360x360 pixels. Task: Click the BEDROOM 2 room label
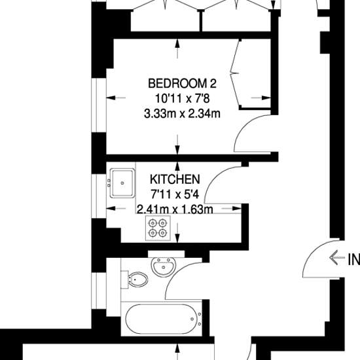[x=182, y=83]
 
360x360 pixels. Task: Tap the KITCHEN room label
[x=175, y=179]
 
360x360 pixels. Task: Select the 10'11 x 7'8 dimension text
[x=183, y=99]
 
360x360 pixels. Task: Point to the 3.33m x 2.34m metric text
[x=182, y=114]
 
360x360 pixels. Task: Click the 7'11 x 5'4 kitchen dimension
[x=175, y=194]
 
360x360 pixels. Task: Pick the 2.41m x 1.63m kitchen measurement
[x=175, y=209]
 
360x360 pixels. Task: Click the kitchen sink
[x=122, y=183]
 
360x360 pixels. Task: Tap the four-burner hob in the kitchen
[x=158, y=228]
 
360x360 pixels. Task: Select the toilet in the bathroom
[x=135, y=279]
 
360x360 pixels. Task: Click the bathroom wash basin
[x=164, y=266]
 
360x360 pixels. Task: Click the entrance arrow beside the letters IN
[x=337, y=257]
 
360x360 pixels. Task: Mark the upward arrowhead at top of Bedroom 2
[x=177, y=43]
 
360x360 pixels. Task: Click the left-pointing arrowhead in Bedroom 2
[x=111, y=98]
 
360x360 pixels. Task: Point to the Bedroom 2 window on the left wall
[x=99, y=105]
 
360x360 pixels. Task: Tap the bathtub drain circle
[x=192, y=319]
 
